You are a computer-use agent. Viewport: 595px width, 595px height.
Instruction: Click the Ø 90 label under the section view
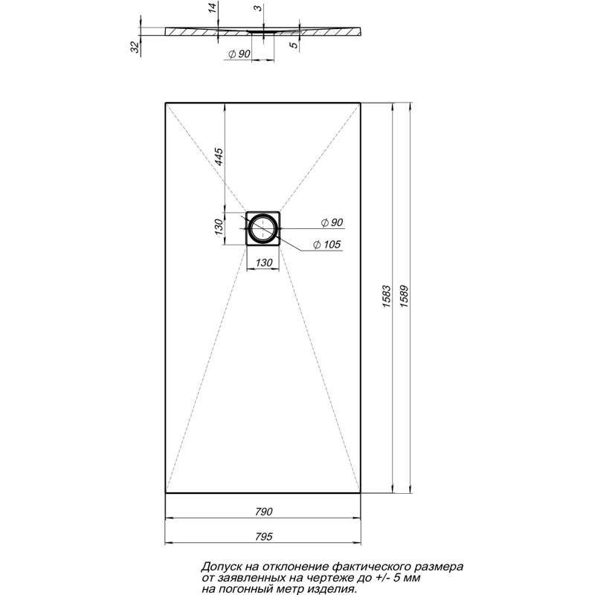[238, 54]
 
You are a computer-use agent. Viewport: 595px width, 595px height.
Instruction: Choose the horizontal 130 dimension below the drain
[263, 263]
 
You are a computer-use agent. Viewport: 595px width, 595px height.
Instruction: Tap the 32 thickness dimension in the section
[135, 47]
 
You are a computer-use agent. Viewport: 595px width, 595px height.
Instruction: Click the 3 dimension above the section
[257, 9]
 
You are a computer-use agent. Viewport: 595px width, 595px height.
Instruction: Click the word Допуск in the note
[222, 567]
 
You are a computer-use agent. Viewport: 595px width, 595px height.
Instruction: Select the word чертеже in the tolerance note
[326, 577]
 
